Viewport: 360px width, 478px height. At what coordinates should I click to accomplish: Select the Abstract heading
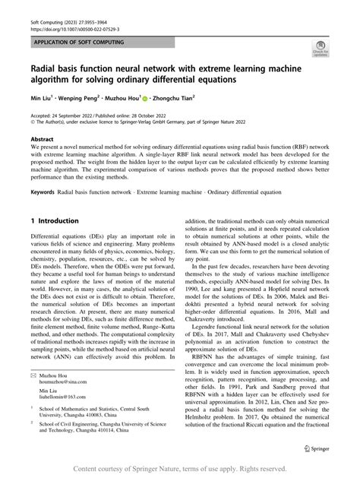[x=43, y=139]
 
